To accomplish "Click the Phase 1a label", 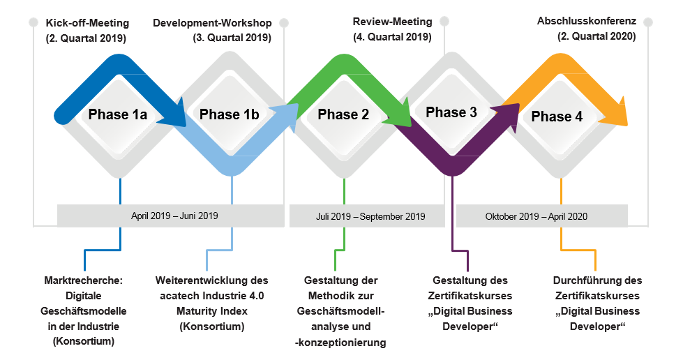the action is [x=118, y=114].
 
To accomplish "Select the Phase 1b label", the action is [x=229, y=114].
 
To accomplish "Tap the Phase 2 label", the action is [x=343, y=114].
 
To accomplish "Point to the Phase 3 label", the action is [x=451, y=112].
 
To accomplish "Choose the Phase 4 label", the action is [x=557, y=117].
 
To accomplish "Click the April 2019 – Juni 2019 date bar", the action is [x=171, y=216].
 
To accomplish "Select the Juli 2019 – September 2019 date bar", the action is [x=367, y=216].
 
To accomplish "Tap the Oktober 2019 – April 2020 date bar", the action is [x=542, y=216].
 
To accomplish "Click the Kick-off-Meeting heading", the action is [x=87, y=23].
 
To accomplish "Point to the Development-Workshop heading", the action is [x=212, y=23].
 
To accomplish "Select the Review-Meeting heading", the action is [x=393, y=22].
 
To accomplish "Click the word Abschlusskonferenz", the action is [x=586, y=21].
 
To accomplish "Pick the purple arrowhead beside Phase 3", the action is [x=507, y=117].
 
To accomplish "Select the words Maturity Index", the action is [x=211, y=311].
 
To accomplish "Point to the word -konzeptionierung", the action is [x=340, y=343].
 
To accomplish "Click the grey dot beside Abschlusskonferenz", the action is [x=647, y=22].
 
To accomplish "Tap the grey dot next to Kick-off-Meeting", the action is [x=33, y=22].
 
